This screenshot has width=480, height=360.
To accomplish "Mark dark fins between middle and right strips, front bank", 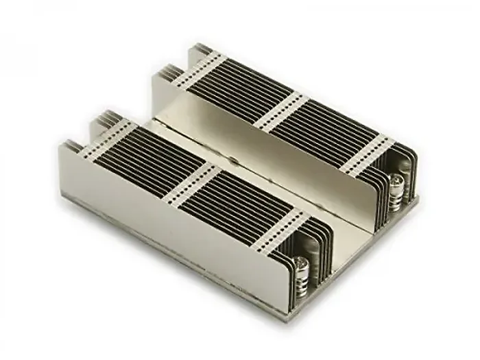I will tap(237, 206).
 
